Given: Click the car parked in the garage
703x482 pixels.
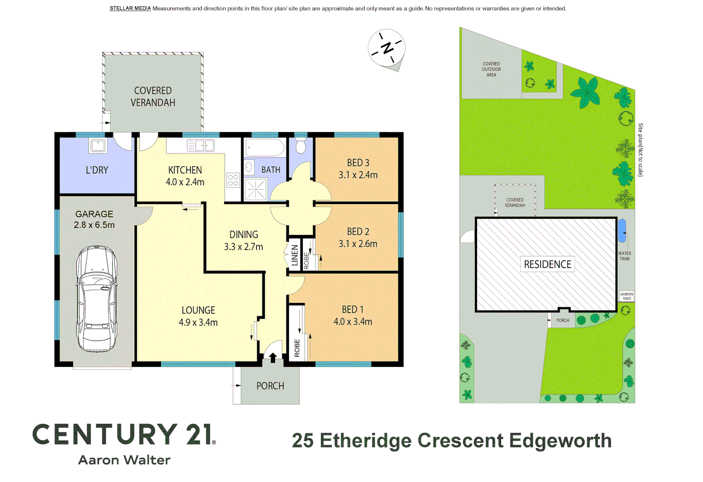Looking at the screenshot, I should [x=97, y=298].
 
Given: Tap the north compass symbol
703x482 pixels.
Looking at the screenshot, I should [x=386, y=47].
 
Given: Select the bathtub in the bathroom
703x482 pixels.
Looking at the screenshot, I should [x=264, y=148].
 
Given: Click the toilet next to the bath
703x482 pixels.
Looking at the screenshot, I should [x=301, y=146].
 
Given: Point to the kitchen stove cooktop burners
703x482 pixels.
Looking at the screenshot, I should [x=233, y=180].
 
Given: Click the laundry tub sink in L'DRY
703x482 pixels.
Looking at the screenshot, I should [x=98, y=145].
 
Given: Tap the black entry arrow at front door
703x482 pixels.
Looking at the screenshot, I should [x=273, y=357].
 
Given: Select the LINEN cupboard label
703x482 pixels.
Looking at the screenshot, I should [x=294, y=255].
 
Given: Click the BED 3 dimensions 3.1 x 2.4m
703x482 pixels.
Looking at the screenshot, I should [x=358, y=175].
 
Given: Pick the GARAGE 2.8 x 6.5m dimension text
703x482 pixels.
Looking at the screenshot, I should [x=94, y=225].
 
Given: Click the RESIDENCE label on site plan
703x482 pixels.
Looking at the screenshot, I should [x=547, y=264].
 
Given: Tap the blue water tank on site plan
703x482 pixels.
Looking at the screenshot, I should [x=622, y=230].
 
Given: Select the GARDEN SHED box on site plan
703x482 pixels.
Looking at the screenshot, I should [x=626, y=296].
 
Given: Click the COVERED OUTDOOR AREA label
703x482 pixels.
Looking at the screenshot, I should [x=491, y=69].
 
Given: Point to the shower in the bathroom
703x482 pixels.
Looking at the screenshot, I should [x=255, y=189].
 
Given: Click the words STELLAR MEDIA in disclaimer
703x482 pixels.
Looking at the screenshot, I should [x=130, y=8].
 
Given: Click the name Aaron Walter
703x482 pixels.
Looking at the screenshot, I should [x=124, y=460].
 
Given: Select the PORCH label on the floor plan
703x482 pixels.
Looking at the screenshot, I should [x=270, y=386].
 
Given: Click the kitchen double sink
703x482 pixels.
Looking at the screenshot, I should [x=201, y=145].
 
